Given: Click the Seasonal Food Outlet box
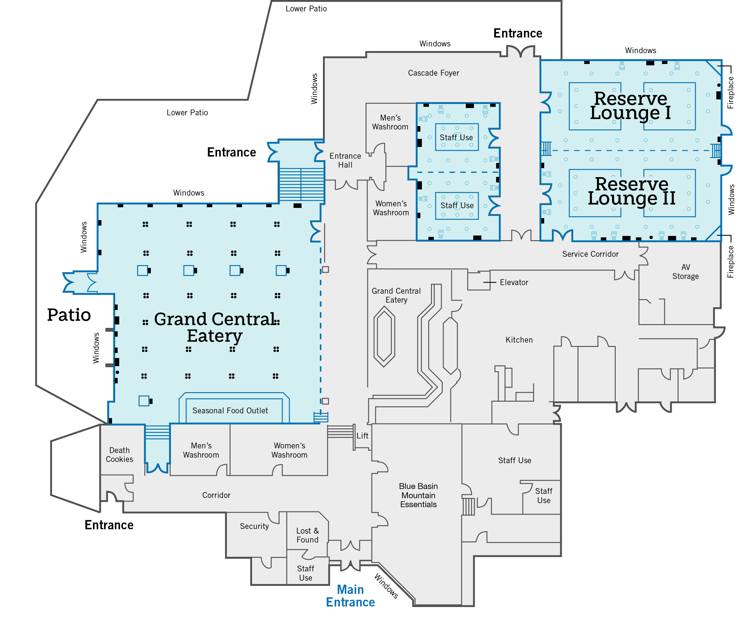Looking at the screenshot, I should [230, 410].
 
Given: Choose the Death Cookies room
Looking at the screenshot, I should [119, 455].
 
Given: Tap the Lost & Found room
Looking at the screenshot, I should [307, 535].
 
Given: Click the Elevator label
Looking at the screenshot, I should [513, 282].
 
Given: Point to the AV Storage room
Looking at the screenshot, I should [685, 272].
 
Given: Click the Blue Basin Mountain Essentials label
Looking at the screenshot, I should [418, 495].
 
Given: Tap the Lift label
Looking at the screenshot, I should [362, 435].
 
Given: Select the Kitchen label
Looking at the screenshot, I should [519, 340].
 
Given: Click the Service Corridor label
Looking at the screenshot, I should [590, 254].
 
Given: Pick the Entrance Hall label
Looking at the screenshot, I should [345, 160].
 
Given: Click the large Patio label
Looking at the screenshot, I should [69, 315].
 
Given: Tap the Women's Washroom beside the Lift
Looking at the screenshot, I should [289, 450].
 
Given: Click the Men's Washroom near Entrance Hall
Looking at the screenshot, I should [390, 122].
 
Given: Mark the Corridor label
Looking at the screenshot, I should [216, 495].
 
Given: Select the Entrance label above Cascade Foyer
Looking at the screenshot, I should [517, 33].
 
